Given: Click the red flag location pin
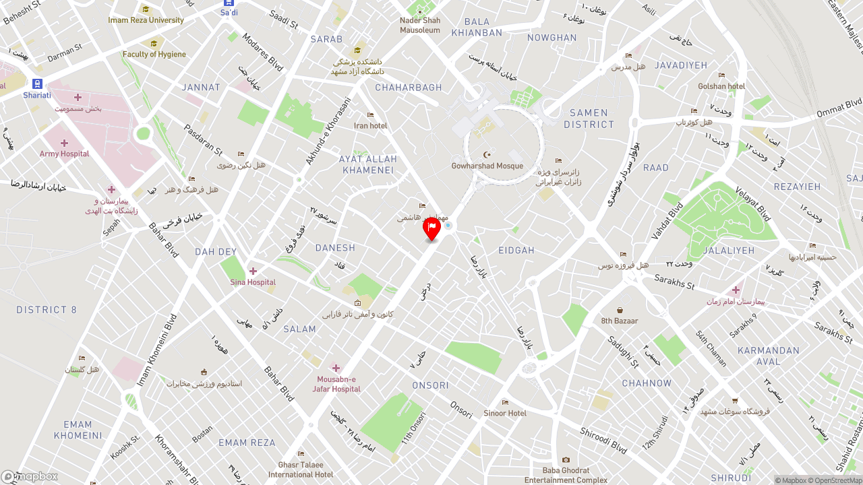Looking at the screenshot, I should (431, 229).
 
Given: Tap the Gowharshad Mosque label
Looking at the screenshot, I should (487, 166).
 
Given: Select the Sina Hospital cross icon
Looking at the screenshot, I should (253, 271).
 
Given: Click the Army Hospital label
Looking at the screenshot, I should (64, 154).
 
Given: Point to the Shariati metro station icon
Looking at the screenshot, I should (37, 84).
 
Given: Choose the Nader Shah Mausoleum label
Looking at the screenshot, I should (420, 25).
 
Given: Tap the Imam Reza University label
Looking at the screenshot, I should (146, 20).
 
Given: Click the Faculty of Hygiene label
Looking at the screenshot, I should (154, 54).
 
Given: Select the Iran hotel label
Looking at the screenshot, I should (371, 125).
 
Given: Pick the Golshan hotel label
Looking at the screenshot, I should (721, 86).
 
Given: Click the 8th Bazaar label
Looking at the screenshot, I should (620, 321).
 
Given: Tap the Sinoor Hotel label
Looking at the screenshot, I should (505, 413).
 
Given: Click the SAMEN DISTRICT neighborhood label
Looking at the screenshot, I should (589, 119).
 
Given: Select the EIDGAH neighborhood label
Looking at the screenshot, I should (516, 250).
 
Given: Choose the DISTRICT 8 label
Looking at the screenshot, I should (47, 310).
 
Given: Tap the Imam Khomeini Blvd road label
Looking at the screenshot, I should (156, 350).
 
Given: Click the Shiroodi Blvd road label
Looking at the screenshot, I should (603, 441).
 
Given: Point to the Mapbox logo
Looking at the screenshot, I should (30, 476).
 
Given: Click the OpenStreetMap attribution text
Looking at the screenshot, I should (834, 480).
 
